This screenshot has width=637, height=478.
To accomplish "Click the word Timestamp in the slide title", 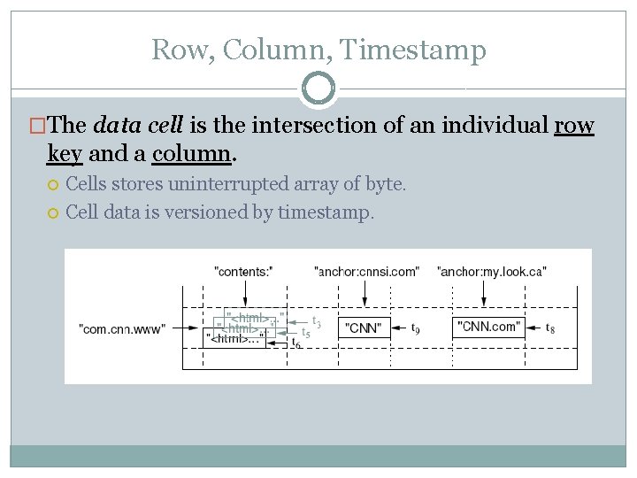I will (413, 50).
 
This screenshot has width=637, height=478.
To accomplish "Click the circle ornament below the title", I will (318, 89).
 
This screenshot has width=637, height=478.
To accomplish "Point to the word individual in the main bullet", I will (489, 126).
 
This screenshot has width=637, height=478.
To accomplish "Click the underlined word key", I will (65, 154).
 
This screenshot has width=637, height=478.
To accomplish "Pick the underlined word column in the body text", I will (191, 154).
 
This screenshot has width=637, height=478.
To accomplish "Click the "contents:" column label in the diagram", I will (243, 271).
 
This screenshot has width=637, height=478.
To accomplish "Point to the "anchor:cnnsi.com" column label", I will (366, 271).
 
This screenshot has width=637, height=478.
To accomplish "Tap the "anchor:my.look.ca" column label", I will (491, 271).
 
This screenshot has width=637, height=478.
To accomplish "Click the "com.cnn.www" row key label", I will (122, 329).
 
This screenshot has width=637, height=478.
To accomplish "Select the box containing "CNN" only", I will (364, 328).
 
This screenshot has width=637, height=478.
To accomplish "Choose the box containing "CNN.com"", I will (488, 327).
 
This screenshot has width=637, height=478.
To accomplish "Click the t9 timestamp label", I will (416, 328).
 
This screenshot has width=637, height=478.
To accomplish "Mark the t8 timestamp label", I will (550, 328).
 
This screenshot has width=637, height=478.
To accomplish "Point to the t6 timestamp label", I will (295, 344).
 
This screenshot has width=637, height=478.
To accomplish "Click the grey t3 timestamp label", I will (316, 323).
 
